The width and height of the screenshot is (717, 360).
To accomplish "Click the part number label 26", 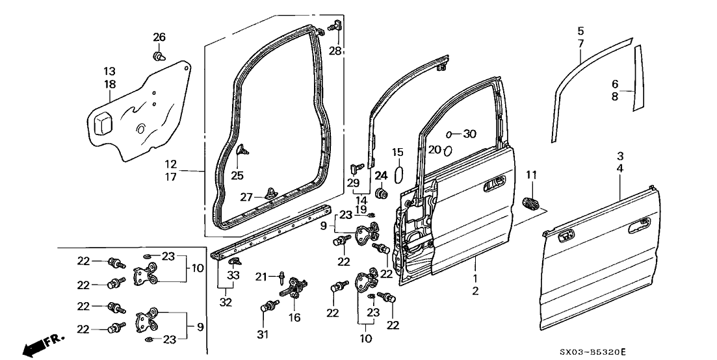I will tap(159, 36).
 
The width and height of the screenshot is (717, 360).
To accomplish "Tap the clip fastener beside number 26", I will tap(158, 57).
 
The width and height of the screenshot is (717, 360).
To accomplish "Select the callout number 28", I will tap(336, 51).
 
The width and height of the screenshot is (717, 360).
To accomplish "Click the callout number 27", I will tap(244, 197).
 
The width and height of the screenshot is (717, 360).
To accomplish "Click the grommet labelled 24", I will tap(382, 192).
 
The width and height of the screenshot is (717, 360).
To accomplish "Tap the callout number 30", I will tap(469, 134).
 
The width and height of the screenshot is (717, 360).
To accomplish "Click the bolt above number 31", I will tap(267, 305).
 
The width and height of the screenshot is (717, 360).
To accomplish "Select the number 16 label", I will tap(295, 318).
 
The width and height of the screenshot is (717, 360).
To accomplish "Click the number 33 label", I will tap(233, 275).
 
